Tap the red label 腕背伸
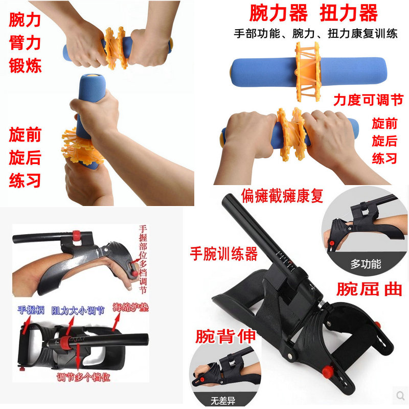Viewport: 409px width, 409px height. tap(225, 336)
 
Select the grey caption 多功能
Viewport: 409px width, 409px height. tap(366, 264)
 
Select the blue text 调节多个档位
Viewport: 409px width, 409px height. tap(83, 378)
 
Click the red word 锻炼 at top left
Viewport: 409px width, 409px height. tap(25, 65)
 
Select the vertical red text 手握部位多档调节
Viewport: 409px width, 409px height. tap(143, 261)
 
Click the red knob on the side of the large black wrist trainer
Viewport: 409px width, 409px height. tap(378, 325)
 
